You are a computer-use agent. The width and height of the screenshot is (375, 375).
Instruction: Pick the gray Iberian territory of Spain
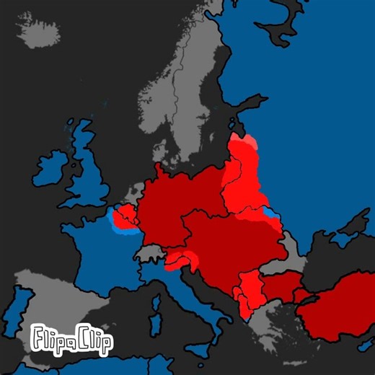coord(50,303)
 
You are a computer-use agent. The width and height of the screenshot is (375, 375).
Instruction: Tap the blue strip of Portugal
coord(21,306)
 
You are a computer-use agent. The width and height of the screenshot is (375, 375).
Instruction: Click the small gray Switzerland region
coord(150,253)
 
